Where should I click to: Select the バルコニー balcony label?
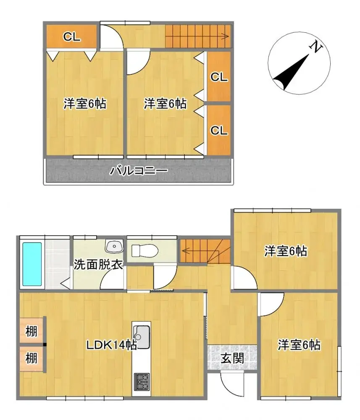[139, 171]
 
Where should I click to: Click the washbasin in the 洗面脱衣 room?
[113, 247]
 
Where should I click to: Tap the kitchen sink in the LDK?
[141, 336]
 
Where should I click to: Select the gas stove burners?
[141, 381]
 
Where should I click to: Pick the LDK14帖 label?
[111, 345]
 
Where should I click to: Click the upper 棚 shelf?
[32, 331]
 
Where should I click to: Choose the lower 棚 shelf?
[32, 359]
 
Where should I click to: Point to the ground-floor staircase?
[205, 252]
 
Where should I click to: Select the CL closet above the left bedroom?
[72, 37]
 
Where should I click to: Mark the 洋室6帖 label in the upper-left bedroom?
[85, 103]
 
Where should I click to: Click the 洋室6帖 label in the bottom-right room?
[299, 345]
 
